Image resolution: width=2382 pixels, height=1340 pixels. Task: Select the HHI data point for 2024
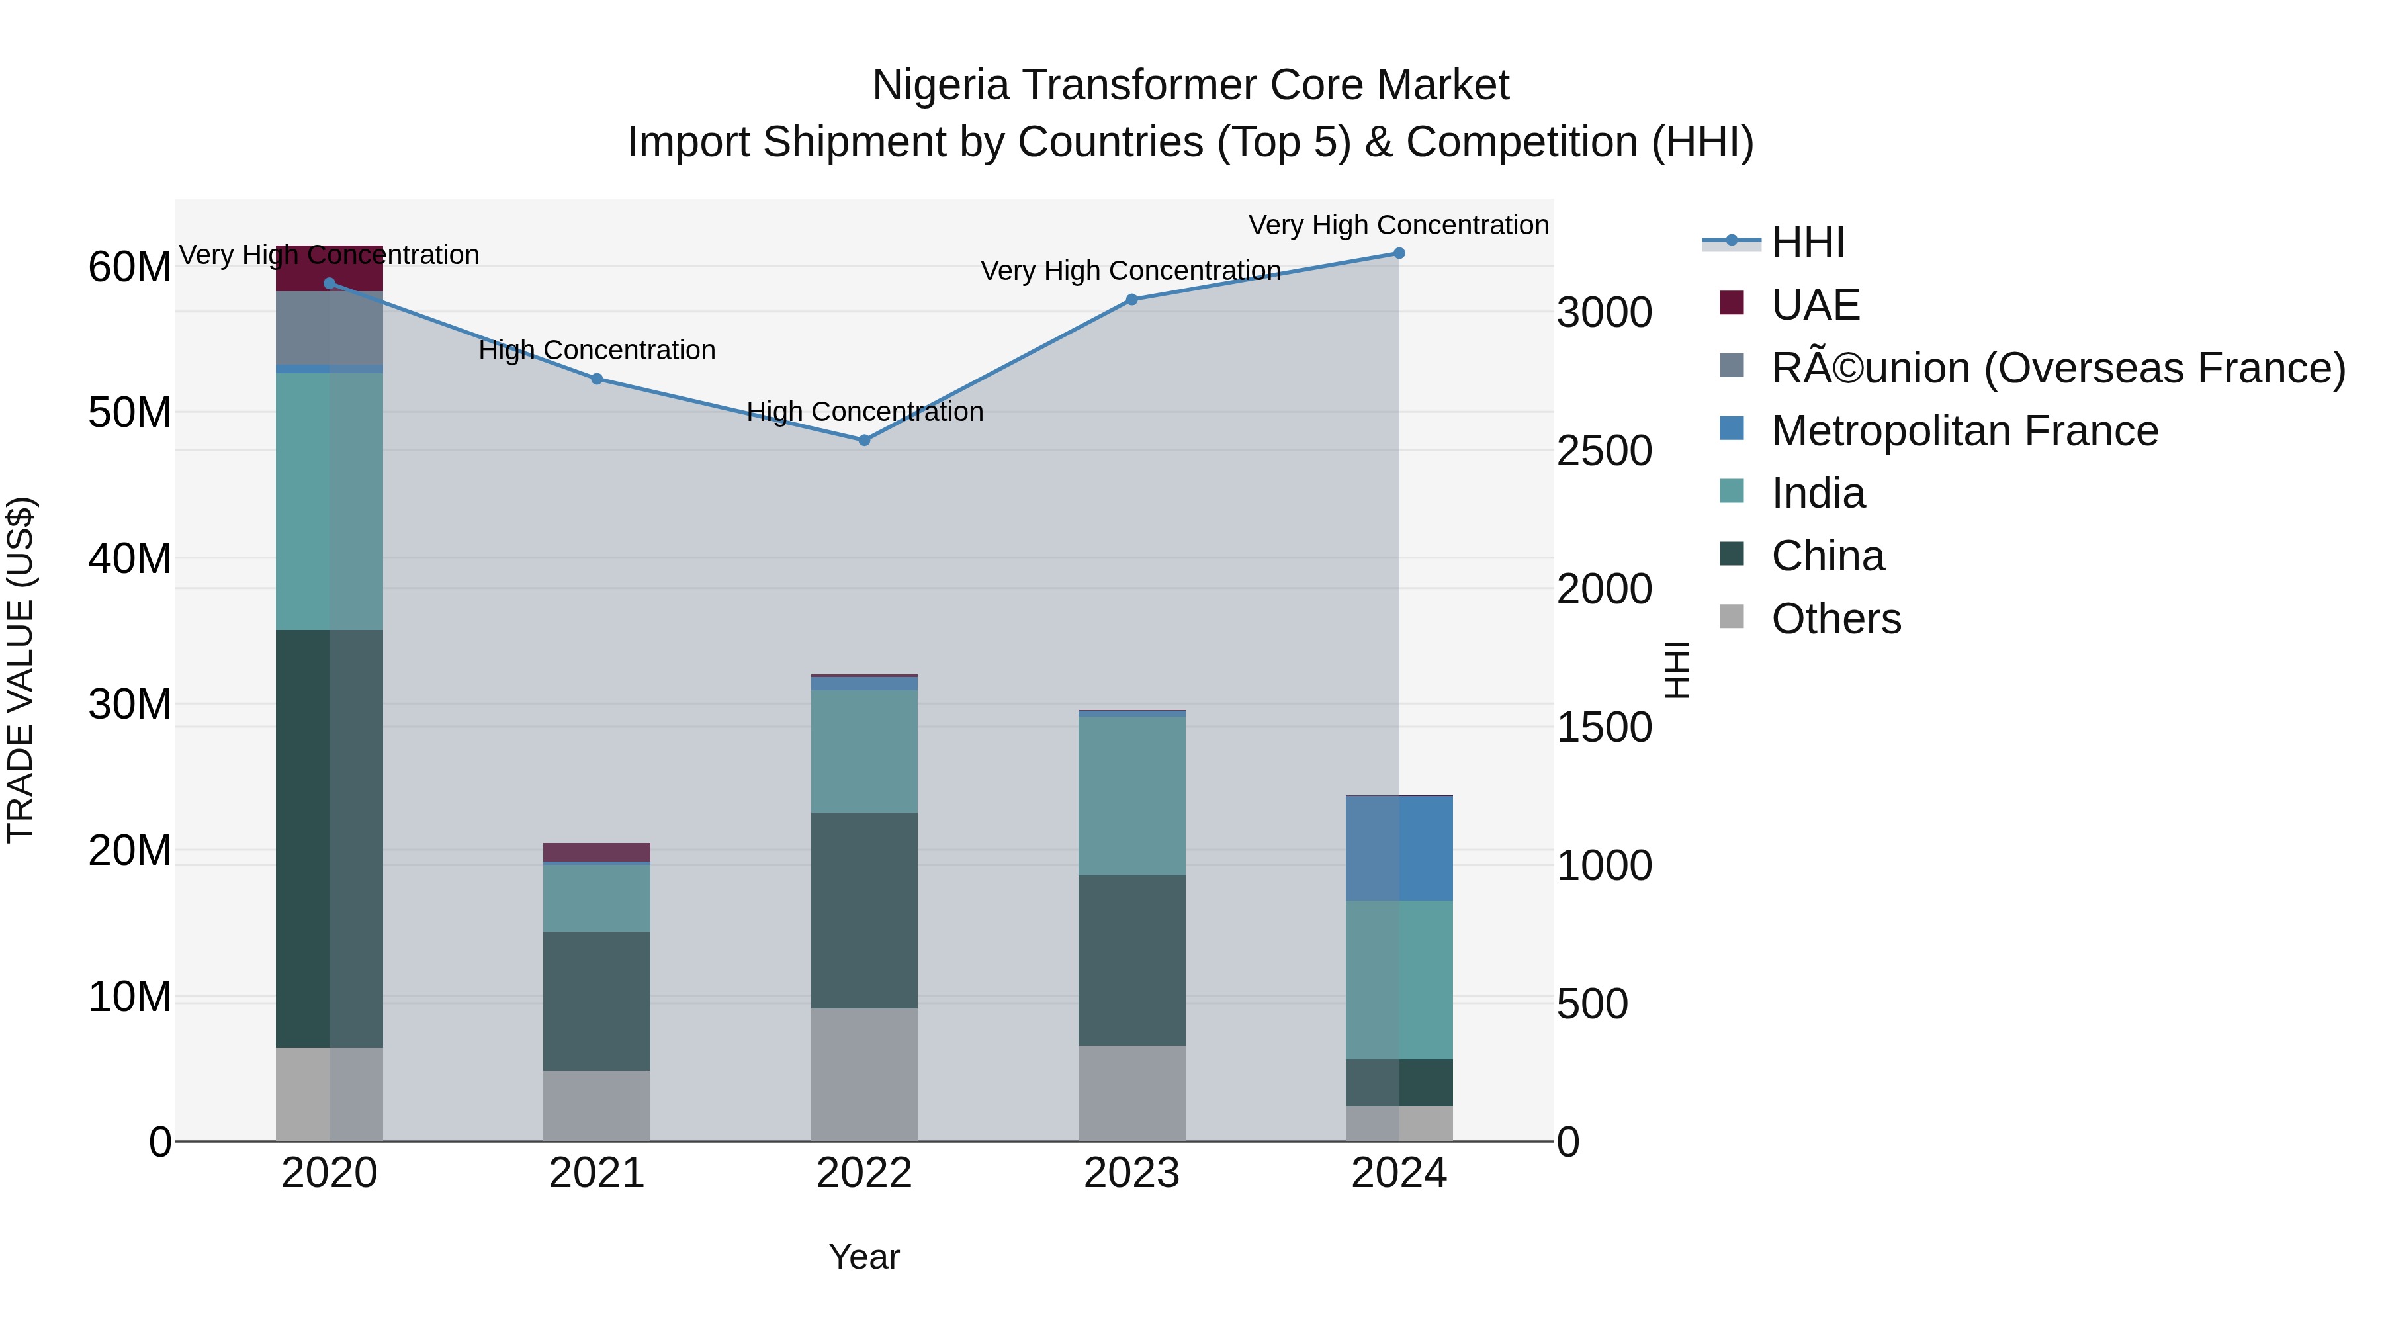click(x=1398, y=253)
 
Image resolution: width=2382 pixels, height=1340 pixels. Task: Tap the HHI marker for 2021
click(x=596, y=379)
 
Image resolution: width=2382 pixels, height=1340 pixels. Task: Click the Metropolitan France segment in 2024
click(x=1398, y=848)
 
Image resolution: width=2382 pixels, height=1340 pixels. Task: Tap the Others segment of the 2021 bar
click(x=596, y=1105)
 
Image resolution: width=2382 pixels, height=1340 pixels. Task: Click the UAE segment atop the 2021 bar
click(x=596, y=852)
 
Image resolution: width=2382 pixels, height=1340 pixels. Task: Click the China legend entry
click(x=1826, y=556)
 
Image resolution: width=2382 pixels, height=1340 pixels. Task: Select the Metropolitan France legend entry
click(x=1963, y=431)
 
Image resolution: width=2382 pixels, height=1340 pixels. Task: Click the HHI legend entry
click(x=1807, y=242)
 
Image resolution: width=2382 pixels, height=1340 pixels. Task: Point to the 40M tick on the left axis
click(x=130, y=558)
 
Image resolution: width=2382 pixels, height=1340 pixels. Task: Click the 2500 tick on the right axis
click(x=1603, y=451)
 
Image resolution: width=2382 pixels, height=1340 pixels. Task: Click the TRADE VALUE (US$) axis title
click(x=21, y=670)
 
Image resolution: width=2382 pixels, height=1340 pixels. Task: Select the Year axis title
click(x=863, y=1257)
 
